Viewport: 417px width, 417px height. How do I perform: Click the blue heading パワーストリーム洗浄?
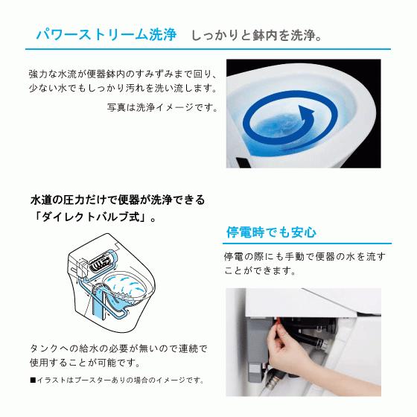106,35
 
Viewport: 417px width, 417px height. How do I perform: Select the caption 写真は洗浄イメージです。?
162,107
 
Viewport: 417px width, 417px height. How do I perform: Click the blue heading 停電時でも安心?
271,232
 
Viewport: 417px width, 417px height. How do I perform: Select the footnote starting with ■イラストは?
117,380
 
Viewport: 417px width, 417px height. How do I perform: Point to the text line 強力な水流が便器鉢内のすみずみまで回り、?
123,75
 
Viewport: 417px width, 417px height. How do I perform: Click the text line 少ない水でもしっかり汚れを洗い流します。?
123,89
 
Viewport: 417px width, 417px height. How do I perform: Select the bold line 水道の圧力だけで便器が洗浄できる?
117,200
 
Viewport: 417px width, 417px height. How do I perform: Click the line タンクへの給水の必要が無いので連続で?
118,348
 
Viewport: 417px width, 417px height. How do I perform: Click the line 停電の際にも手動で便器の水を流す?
305,256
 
